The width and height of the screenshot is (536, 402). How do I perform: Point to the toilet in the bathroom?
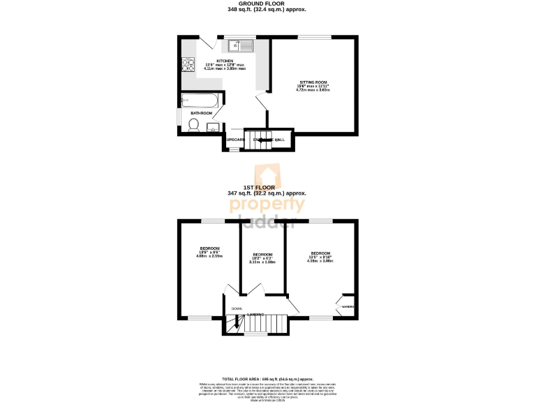point(193,125)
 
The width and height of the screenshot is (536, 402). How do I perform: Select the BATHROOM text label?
point(201,112)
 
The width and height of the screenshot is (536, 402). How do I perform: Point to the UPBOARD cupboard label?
point(235,140)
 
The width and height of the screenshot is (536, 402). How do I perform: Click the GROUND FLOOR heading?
point(267,4)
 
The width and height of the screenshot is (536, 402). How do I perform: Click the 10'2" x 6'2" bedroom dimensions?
point(262,258)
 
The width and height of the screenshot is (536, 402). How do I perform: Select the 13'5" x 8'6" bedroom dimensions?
point(209,253)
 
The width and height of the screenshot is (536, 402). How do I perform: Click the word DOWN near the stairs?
point(237,307)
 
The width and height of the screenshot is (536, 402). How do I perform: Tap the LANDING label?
point(255,315)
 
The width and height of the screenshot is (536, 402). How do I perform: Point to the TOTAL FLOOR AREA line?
point(267,378)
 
